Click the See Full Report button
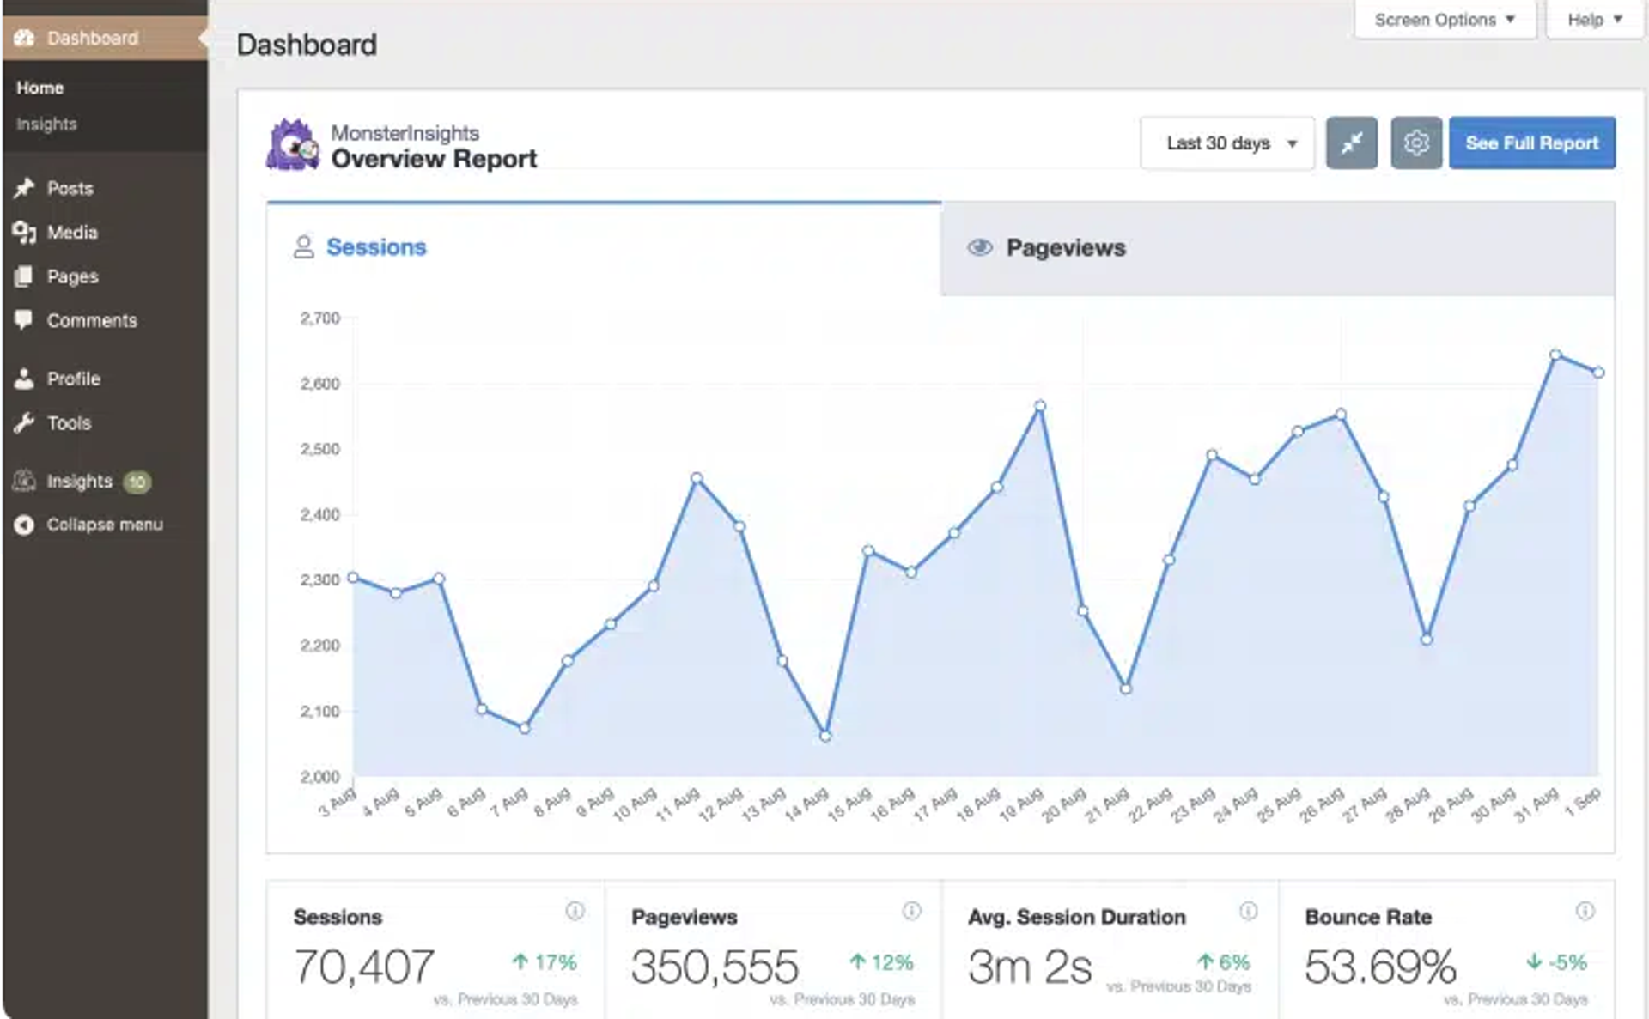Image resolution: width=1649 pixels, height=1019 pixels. tap(1531, 143)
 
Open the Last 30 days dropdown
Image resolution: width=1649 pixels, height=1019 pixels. tap(1227, 143)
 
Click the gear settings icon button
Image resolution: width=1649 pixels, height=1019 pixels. tap(1415, 143)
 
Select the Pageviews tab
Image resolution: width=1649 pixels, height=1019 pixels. tap(1065, 248)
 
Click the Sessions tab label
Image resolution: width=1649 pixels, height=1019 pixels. tap(376, 247)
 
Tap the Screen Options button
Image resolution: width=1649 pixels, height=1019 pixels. tap(1444, 20)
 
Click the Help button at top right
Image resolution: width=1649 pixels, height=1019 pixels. tap(1593, 20)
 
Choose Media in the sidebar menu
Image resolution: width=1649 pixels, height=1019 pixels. tap(72, 233)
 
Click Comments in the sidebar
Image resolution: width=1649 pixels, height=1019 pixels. tap(91, 321)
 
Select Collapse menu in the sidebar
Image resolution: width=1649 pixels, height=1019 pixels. tap(104, 525)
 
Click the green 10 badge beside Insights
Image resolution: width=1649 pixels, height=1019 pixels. tap(137, 482)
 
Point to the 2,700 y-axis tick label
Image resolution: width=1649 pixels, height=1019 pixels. tap(319, 318)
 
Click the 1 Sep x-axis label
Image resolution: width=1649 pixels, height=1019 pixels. tap(1583, 802)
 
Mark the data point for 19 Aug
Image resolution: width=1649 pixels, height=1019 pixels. tap(1040, 406)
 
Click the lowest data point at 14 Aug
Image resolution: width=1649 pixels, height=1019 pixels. tap(825, 736)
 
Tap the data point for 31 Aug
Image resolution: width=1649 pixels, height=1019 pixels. tap(1555, 355)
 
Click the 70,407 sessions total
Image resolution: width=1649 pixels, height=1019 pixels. tap(364, 967)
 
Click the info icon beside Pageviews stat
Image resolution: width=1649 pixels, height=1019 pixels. tap(911, 911)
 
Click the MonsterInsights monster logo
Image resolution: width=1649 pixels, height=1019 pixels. tap(293, 146)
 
